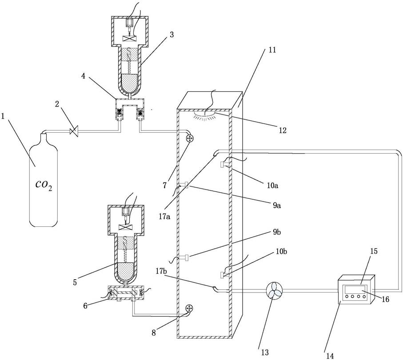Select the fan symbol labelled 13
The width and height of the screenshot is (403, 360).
(x=274, y=290)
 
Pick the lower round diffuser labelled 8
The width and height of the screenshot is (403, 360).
(x=189, y=308)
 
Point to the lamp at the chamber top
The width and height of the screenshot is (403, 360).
(x=205, y=114)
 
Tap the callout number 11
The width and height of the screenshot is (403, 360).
(x=272, y=50)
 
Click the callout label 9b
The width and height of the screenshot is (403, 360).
(x=277, y=232)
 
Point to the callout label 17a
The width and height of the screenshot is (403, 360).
(x=165, y=217)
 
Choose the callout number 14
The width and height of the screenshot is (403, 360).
(x=330, y=356)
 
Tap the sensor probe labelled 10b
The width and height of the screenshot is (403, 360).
(x=223, y=275)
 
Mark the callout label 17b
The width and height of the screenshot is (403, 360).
(x=162, y=271)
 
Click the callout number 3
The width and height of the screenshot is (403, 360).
(x=172, y=35)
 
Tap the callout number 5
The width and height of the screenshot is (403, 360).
(x=75, y=282)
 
